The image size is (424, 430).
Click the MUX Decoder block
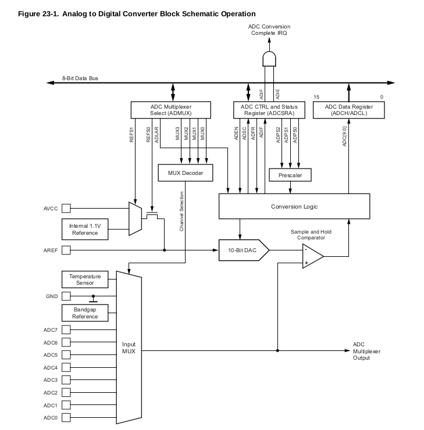[x=186, y=173]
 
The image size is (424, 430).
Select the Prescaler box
[x=290, y=174]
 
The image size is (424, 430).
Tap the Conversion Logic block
[x=294, y=206]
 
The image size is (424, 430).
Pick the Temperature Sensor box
[x=85, y=279]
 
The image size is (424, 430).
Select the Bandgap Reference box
[x=85, y=313]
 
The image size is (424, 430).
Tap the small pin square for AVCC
[x=66, y=207]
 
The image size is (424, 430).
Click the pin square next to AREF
[x=66, y=250]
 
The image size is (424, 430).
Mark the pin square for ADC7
[x=66, y=330]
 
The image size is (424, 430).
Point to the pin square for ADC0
[x=66, y=418]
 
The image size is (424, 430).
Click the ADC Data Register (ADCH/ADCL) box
[x=349, y=110]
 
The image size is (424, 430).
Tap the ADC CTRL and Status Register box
[x=269, y=110]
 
